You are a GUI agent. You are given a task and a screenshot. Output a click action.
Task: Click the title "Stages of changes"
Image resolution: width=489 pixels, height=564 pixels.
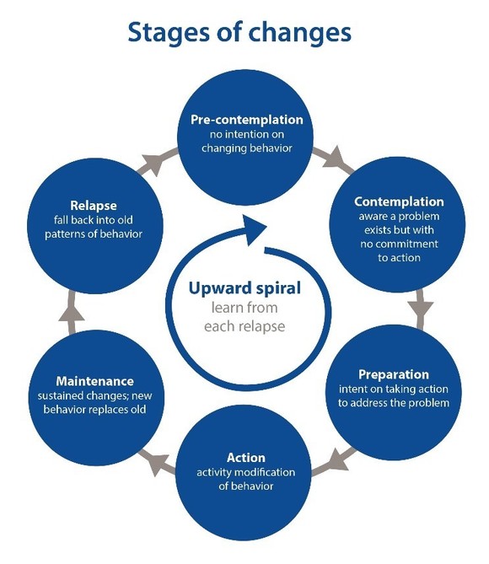[239, 32]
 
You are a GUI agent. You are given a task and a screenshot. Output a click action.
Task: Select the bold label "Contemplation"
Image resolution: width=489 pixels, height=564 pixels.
[399, 202]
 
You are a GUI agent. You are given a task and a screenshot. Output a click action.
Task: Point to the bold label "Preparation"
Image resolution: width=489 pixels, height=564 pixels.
[393, 373]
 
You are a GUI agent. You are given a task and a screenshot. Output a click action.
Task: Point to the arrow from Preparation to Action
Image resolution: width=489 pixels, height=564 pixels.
[338, 459]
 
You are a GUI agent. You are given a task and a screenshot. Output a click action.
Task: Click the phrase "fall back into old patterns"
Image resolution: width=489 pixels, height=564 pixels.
[93, 226]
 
